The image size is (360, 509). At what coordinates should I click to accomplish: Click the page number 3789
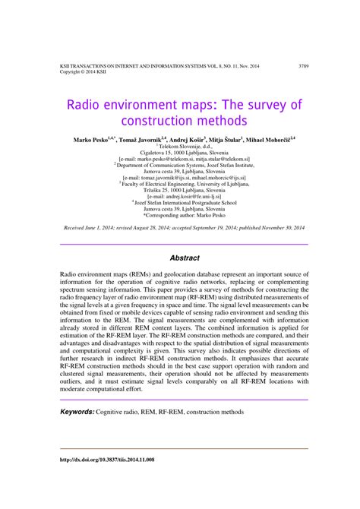[x=304, y=67]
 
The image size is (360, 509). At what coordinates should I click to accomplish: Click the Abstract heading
[x=184, y=258]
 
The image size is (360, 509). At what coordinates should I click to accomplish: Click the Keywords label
[x=77, y=412]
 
